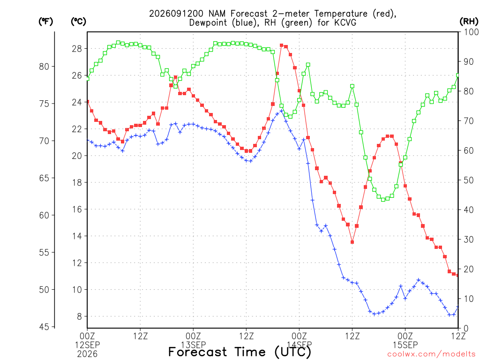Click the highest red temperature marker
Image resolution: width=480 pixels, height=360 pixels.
point(282,45)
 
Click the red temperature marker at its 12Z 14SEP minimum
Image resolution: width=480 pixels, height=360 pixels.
point(352,242)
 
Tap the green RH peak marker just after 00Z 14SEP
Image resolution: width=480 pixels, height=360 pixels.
point(308,65)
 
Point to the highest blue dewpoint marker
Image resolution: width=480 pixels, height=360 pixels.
point(282,111)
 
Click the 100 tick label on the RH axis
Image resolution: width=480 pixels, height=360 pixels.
point(471,32)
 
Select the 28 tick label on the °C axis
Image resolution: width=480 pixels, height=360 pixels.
point(77,49)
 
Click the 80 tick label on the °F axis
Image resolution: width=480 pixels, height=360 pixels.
point(44,67)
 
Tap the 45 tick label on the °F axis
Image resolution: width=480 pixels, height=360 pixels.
point(44,327)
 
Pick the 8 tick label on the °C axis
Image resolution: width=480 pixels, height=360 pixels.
point(79,316)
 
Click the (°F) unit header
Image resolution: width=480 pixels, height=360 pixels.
point(45,22)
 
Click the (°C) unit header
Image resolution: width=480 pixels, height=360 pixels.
point(78,22)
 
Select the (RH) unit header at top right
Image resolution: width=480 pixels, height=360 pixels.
point(469,22)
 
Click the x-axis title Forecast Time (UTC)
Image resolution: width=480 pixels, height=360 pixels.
point(240,352)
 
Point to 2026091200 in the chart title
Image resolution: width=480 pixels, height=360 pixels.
point(176,14)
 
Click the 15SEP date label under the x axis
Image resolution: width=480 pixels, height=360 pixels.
point(405,345)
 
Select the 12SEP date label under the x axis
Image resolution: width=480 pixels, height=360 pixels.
point(88,345)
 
